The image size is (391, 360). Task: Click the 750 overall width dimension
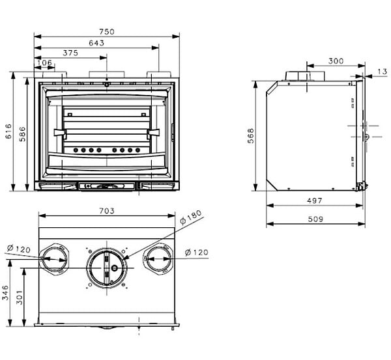tap(106, 32)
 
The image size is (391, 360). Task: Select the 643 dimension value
tap(96, 43)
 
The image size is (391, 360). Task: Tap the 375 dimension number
tap(70, 53)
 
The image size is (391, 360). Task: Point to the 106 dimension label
tap(44, 62)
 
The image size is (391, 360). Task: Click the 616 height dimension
tap(8, 131)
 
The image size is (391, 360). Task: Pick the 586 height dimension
tap(22, 134)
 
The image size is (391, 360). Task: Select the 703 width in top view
tap(107, 211)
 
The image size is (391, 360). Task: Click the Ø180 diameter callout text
tap(191, 217)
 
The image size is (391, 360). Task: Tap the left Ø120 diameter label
tap(19, 249)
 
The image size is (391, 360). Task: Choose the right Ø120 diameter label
tap(197, 253)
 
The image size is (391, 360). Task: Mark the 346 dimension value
tap(5, 293)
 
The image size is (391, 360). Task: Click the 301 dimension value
tap(19, 298)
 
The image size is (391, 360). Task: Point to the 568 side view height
tap(251, 136)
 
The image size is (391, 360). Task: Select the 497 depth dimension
tap(315, 201)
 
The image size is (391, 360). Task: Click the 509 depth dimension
tap(315, 219)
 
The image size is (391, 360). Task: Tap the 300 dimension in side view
tap(336, 61)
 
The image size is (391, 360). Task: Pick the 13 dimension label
tap(382, 72)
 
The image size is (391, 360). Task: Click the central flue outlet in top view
tap(107, 268)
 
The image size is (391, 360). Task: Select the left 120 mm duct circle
tap(54, 259)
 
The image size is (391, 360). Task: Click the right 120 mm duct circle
tap(158, 259)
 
